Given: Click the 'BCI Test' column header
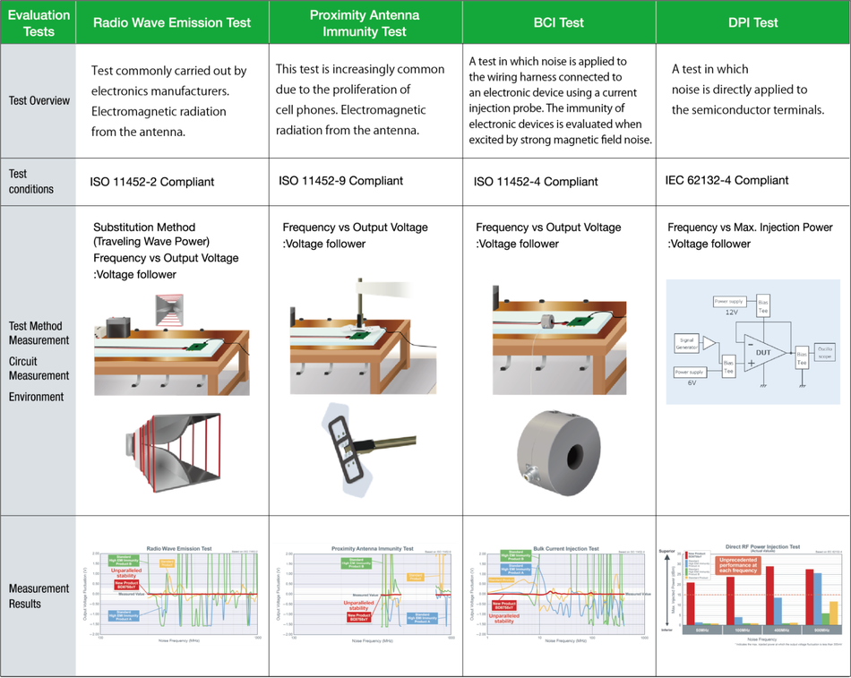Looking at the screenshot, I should [x=559, y=22].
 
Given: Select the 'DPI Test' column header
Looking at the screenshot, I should [x=752, y=22].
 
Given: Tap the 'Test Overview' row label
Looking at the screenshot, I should [x=39, y=100].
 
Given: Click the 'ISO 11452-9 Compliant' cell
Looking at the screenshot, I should [x=340, y=181].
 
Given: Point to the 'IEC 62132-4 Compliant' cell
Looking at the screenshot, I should [x=727, y=180].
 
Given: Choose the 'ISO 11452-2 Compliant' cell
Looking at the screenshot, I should [x=152, y=182].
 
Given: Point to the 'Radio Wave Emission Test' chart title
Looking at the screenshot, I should [x=179, y=548].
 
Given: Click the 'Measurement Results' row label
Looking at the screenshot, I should [x=39, y=596].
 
